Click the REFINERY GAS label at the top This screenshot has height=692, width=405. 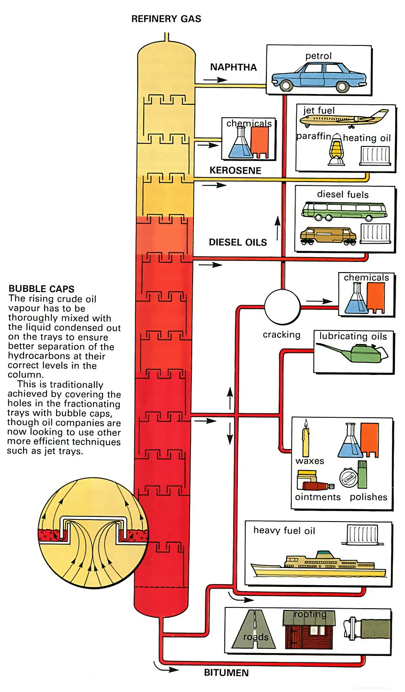pos(166,19)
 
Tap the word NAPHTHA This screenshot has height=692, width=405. pos(233,67)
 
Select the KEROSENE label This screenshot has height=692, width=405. pos(235,170)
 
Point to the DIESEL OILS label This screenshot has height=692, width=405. pos(238,243)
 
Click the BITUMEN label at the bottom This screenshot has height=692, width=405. pos(226,673)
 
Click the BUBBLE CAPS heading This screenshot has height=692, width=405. pos(42,289)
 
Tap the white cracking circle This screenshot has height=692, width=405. pos(282,307)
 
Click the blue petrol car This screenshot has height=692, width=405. pos(318,76)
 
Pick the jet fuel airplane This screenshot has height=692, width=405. pos(343,118)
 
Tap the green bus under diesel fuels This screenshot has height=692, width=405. pos(343,210)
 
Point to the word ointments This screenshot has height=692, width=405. pos(317,497)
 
